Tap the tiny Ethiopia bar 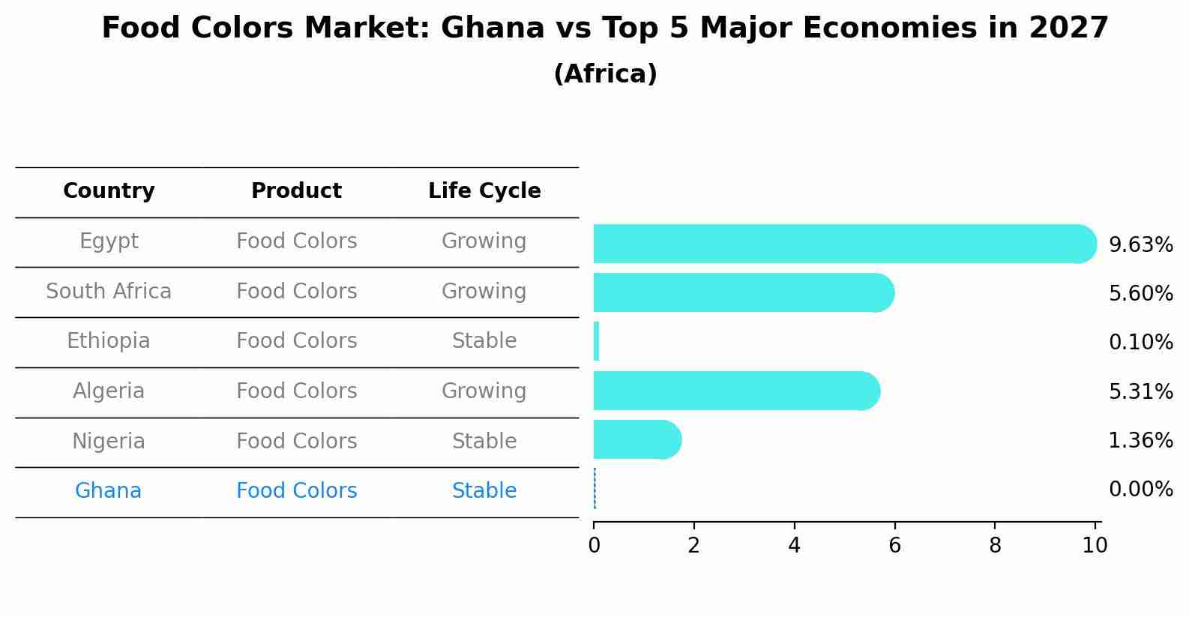coord(596,342)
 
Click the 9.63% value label coord(1140,245)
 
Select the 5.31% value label coord(1140,391)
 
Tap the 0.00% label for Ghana coord(1140,490)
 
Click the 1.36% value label coord(1140,440)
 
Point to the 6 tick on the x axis coord(894,545)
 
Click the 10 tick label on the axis coord(1095,545)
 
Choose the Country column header coord(109,191)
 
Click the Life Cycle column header coord(484,191)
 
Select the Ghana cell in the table coord(108,491)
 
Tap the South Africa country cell coord(109,291)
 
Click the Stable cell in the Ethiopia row coord(484,341)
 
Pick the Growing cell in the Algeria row coord(484,391)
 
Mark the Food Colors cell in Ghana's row coord(296,491)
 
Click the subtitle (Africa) coord(605,74)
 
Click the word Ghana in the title coord(492,28)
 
